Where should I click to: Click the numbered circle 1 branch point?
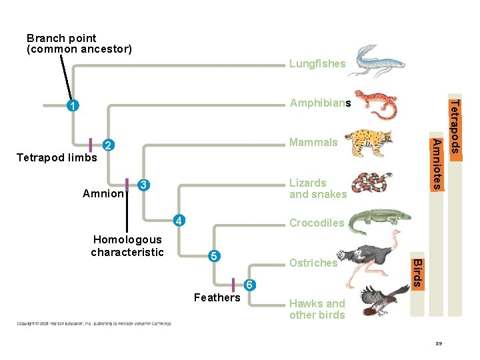pyautogui.click(x=73, y=105)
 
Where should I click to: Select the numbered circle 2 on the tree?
pyautogui.click(x=109, y=145)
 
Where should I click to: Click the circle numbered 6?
pyautogui.click(x=249, y=285)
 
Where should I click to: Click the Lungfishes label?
pyautogui.click(x=317, y=64)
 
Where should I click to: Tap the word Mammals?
pyautogui.click(x=313, y=142)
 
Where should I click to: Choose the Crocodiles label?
pyautogui.click(x=317, y=223)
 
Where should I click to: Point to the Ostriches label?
pyautogui.click(x=313, y=263)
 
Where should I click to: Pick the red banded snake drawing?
pyautogui.click(x=373, y=183)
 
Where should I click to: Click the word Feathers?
pyautogui.click(x=217, y=297)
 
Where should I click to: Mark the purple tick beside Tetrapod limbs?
pyautogui.click(x=91, y=145)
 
